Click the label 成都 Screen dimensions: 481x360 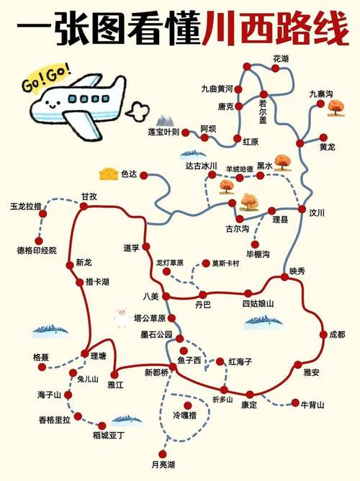337,335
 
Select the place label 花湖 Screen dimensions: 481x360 280,58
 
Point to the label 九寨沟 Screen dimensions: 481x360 321,94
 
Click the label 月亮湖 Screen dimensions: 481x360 163,463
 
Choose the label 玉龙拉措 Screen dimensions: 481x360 26,206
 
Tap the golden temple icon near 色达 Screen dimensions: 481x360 109,174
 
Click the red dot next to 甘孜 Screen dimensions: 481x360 84,207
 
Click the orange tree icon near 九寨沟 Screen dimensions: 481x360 334,108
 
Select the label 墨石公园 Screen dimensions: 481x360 156,335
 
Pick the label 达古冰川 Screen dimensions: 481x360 201,166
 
